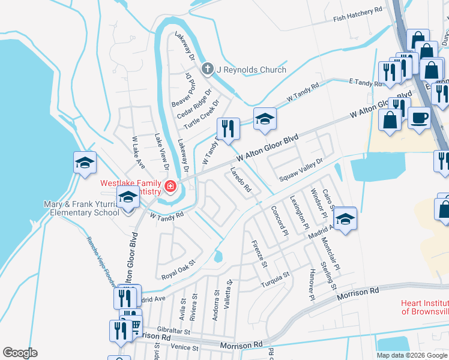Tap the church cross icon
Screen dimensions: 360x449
point(208,69)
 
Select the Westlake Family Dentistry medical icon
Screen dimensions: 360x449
point(170,187)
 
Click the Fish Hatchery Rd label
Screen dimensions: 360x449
point(358,14)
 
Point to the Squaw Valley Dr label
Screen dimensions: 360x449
point(301,170)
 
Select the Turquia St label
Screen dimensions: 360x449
point(274,278)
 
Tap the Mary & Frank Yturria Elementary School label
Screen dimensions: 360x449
point(82,208)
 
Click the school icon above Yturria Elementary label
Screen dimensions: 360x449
point(128,199)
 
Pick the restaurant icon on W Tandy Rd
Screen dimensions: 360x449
point(228,129)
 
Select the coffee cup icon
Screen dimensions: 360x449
point(418,116)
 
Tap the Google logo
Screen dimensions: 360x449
point(20,353)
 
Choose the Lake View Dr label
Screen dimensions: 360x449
point(161,155)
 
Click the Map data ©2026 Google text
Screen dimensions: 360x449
point(412,355)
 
